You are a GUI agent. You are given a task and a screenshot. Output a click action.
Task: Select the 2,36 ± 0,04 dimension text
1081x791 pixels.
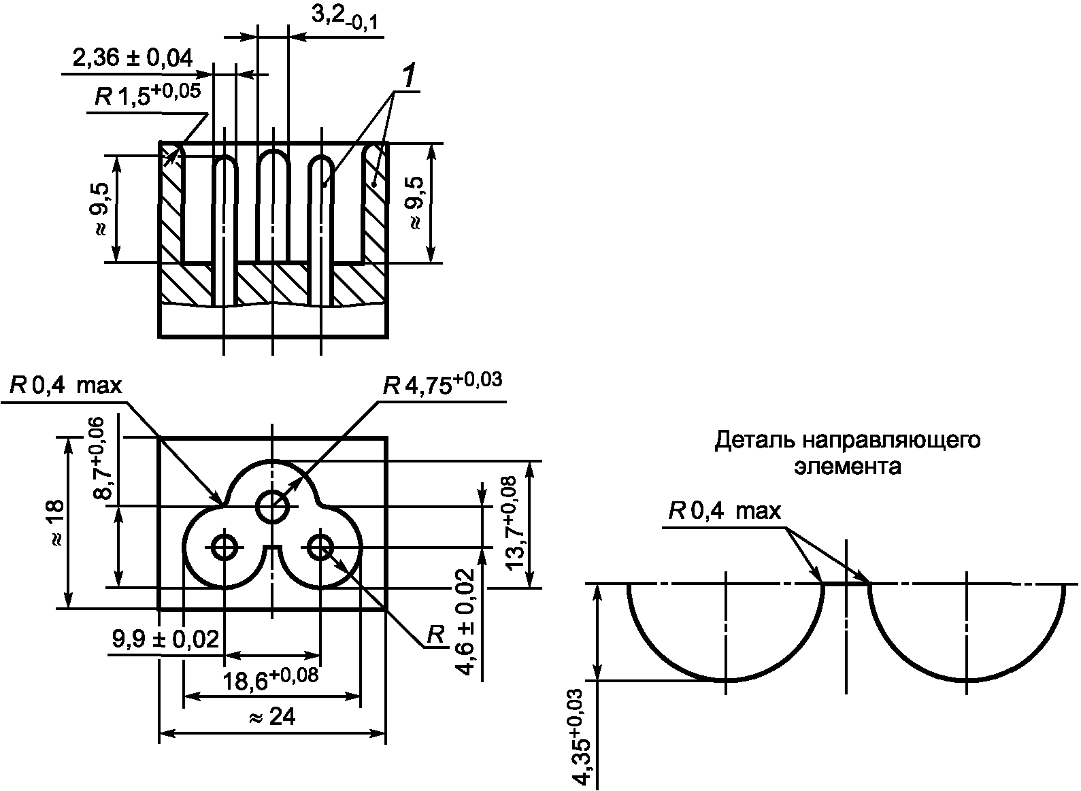(x=132, y=58)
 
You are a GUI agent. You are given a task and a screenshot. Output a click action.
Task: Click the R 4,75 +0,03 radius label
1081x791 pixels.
(x=442, y=384)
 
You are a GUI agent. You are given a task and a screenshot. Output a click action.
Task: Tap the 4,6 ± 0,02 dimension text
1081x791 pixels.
(x=464, y=622)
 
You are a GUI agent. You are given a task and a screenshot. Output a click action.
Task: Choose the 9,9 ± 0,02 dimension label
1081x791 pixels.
(x=165, y=639)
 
